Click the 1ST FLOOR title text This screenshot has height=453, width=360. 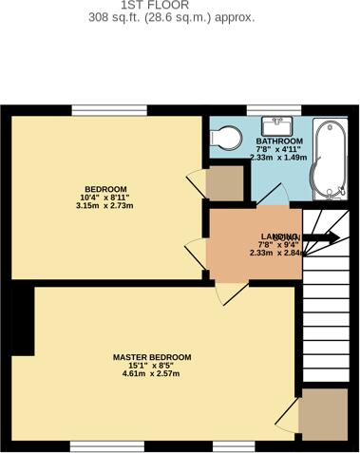(180, 5)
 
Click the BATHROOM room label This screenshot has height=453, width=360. (278, 142)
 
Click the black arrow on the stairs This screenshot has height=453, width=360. (322, 240)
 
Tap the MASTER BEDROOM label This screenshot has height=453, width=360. (152, 357)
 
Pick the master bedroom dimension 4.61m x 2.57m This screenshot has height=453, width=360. (152, 374)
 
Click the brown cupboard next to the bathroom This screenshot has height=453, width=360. (225, 184)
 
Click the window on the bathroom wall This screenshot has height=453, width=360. (260, 111)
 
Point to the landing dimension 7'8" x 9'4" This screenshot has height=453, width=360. (275, 244)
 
